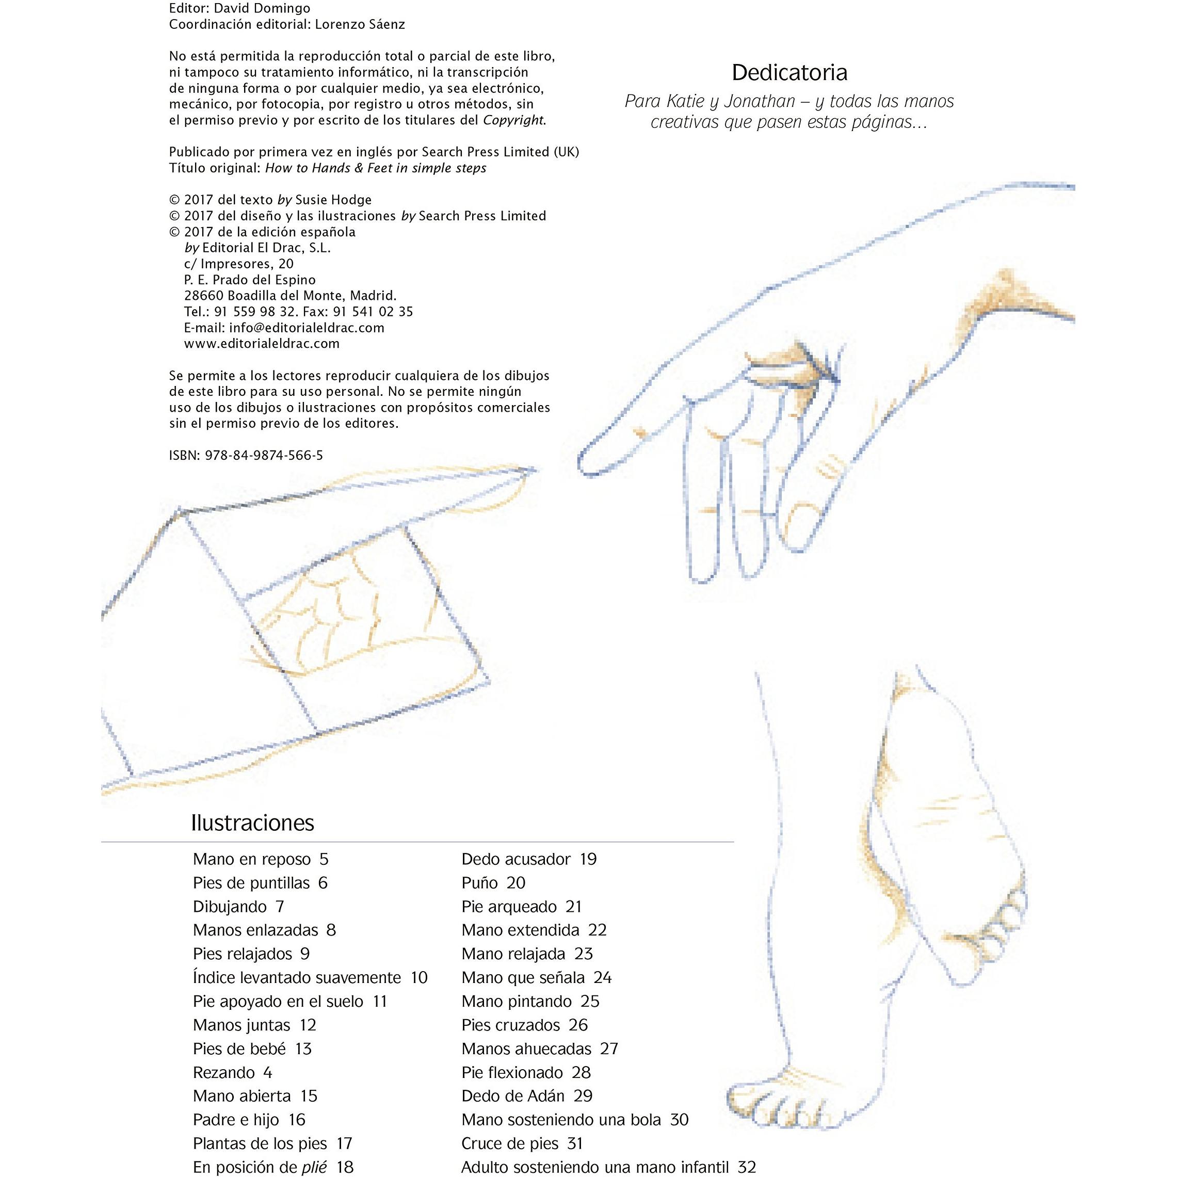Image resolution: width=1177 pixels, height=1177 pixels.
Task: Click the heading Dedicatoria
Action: pos(789,72)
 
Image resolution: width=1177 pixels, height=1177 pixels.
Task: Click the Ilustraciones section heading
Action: pos(252,823)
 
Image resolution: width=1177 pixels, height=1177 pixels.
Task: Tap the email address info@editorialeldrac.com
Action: pos(307,327)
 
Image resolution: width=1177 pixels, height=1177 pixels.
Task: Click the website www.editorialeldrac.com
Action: pos(262,344)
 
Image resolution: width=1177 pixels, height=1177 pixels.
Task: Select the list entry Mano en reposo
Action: pos(252,859)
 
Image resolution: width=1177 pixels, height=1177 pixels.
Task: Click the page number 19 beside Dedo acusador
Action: pos(588,859)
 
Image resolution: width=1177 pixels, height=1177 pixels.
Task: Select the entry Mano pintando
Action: pos(517,1001)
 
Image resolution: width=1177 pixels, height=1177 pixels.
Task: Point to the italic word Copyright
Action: pos(512,121)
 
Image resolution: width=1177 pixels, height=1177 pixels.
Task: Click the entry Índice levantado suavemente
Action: pos(297,977)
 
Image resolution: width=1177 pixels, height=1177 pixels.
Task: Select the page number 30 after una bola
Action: pos(679,1120)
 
